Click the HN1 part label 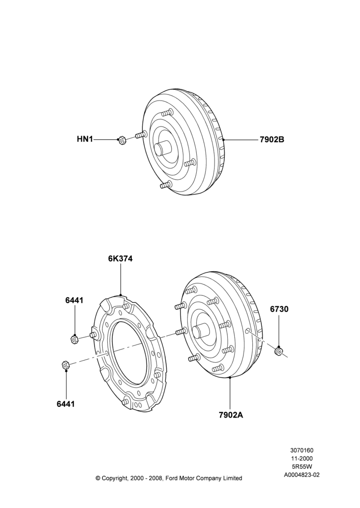85,139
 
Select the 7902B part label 272,140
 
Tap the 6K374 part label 121,259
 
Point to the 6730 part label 279,309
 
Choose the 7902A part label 231,415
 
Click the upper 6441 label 74,300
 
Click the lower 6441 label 66,404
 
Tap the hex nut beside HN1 122,140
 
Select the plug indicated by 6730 279,351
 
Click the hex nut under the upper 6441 74,339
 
